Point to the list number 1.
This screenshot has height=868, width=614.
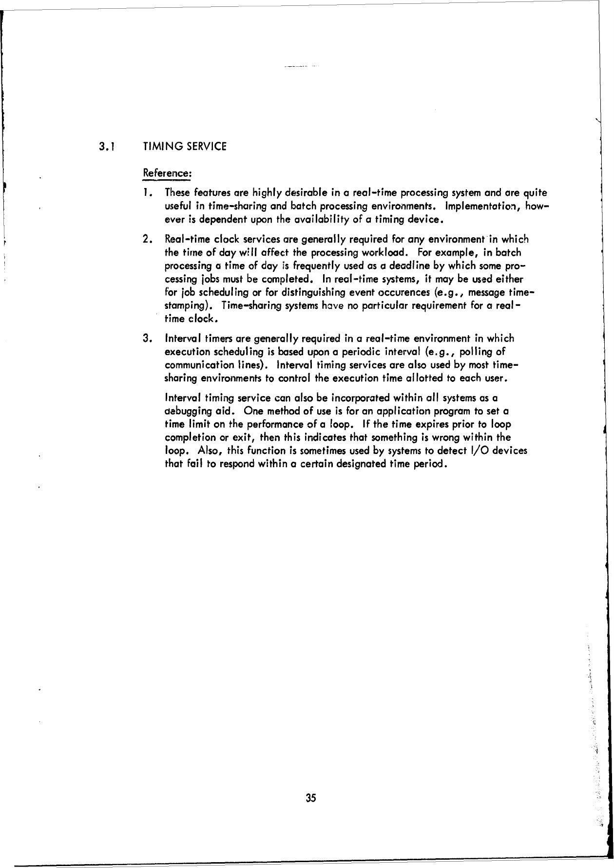coord(148,194)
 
